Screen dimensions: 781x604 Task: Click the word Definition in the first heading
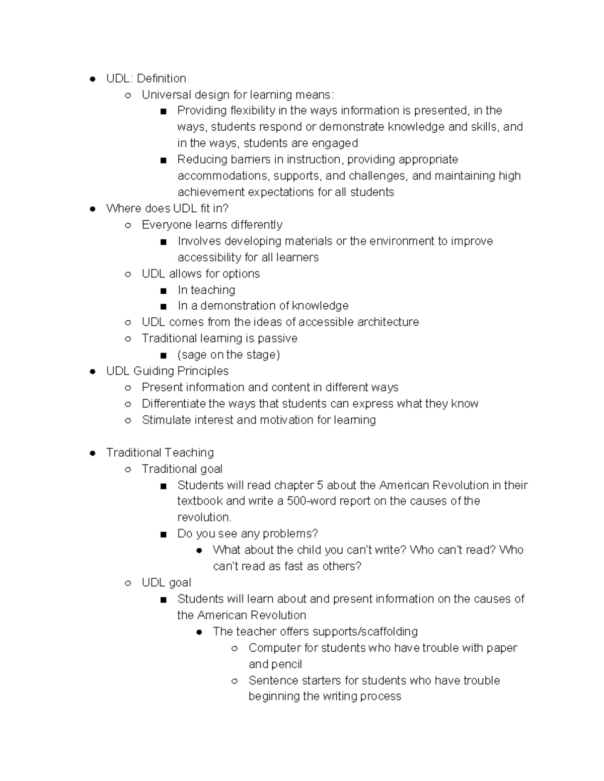(161, 78)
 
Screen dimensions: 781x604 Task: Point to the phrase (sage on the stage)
(229, 355)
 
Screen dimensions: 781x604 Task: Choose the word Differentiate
(174, 404)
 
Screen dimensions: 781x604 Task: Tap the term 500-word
(310, 501)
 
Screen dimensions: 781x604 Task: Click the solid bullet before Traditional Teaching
(92, 453)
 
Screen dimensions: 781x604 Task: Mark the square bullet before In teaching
(163, 291)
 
